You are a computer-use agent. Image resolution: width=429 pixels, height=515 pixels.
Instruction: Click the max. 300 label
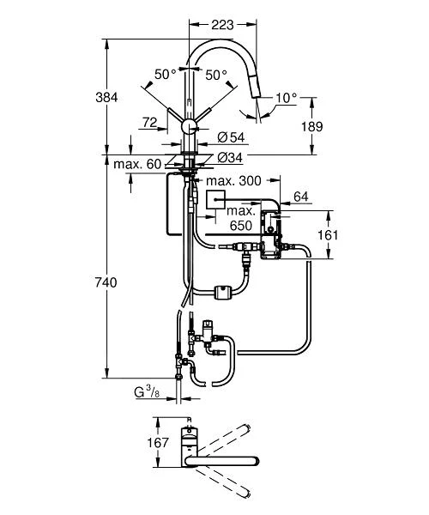[x=233, y=181]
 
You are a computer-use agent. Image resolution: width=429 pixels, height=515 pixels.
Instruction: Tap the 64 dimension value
[x=301, y=198]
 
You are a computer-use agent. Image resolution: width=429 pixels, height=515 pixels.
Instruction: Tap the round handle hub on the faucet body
[x=188, y=127]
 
